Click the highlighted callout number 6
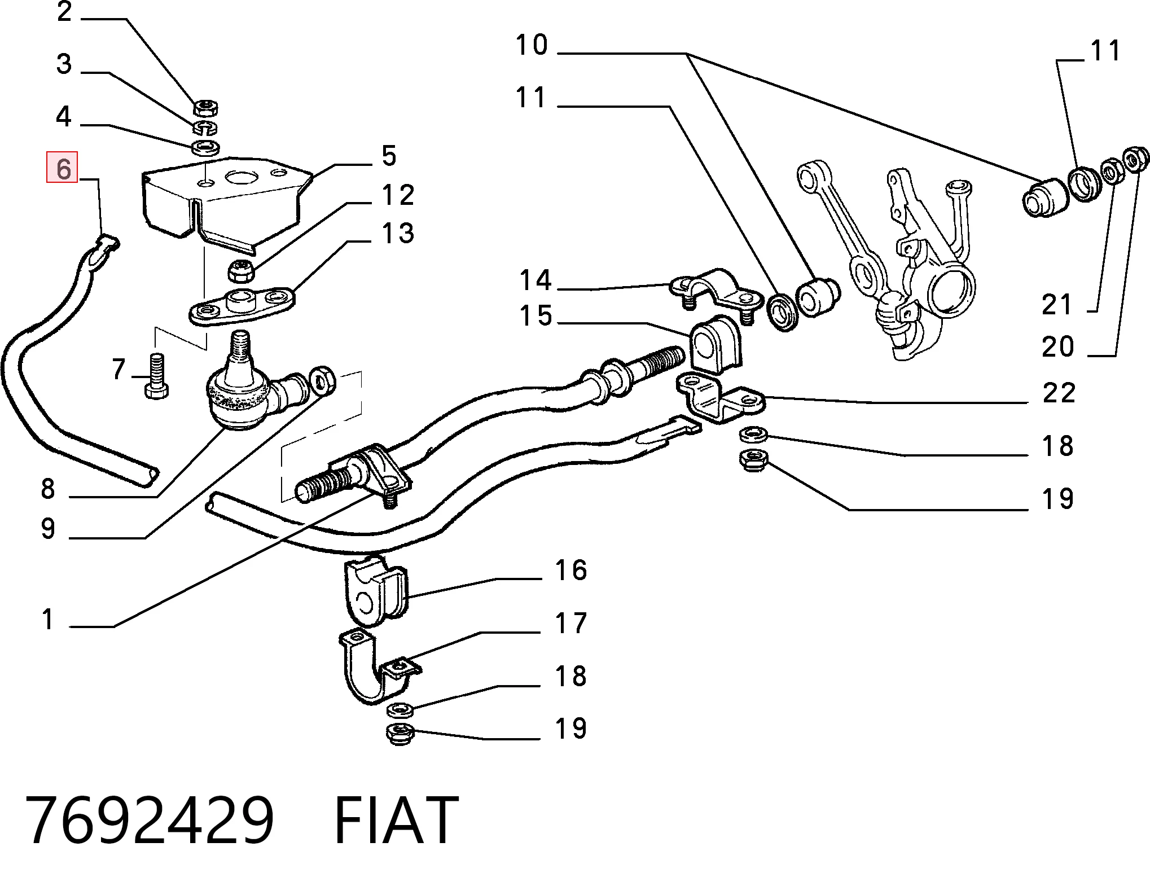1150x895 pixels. point(62,168)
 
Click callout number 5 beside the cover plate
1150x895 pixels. point(389,155)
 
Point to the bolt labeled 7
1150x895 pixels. point(156,375)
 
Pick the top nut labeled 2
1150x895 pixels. point(206,106)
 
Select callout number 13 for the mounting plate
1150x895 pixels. point(398,233)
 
